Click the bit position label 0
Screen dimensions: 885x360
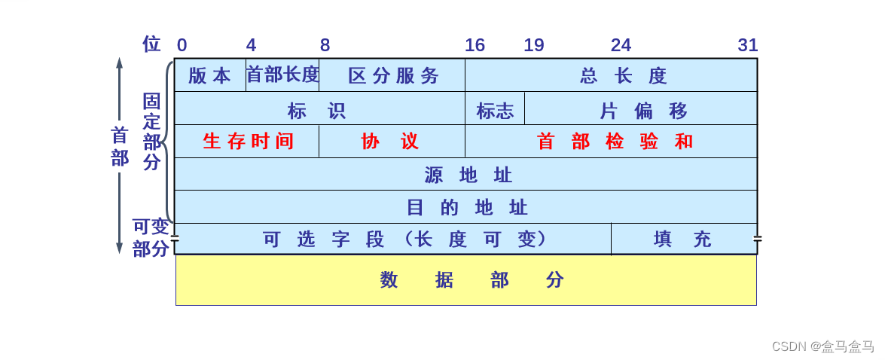182,45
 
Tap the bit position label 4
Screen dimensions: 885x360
251,45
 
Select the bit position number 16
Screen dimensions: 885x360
475,45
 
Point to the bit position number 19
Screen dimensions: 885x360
534,45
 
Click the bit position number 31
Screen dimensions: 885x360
747,45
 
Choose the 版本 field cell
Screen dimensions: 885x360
210,75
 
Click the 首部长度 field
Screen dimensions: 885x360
282,75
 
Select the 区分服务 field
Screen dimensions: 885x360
392,75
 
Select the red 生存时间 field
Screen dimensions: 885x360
247,142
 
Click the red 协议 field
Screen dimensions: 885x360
392,142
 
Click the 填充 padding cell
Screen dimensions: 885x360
683,239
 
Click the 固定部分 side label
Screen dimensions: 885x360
152,132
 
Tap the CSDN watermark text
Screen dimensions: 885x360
822,346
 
